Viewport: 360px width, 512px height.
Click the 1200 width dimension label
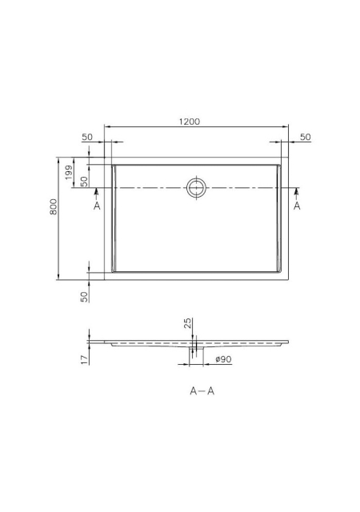pos(189,122)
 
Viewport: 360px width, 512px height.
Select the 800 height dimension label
pos(54,207)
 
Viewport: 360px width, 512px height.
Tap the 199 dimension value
pos(69,173)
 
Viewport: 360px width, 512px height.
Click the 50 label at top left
pos(87,137)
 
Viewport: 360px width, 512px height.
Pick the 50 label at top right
pos(305,137)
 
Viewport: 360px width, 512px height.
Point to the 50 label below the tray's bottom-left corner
pos(84,297)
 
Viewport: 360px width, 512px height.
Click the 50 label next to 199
pos(84,182)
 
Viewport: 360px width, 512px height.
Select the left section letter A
pos(97,206)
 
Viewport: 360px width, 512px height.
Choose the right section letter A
pos(297,206)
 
